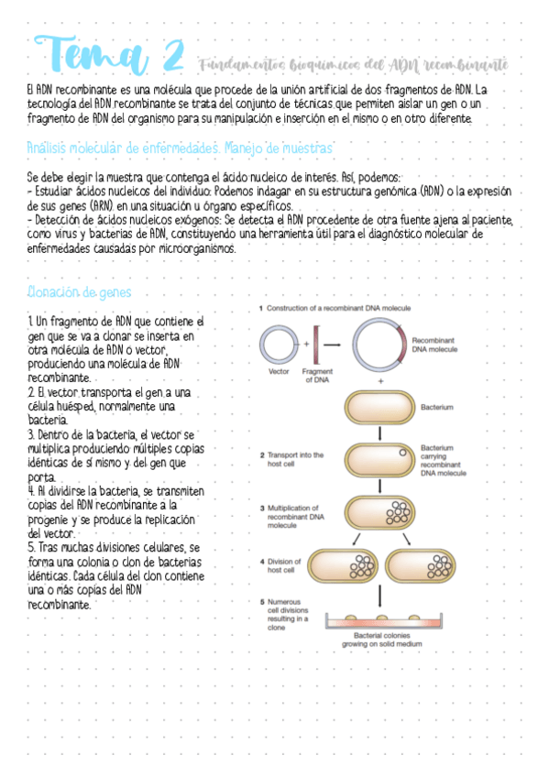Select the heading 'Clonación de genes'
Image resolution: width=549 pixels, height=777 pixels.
(80, 292)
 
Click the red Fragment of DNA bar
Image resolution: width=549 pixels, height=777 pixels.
(316, 345)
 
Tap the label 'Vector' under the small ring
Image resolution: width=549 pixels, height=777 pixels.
(280, 372)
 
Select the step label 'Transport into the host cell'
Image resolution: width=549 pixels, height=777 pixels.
(291, 458)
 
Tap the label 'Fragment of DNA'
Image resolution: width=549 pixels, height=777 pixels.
(316, 376)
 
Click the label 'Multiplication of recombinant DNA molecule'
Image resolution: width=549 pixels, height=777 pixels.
(293, 517)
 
